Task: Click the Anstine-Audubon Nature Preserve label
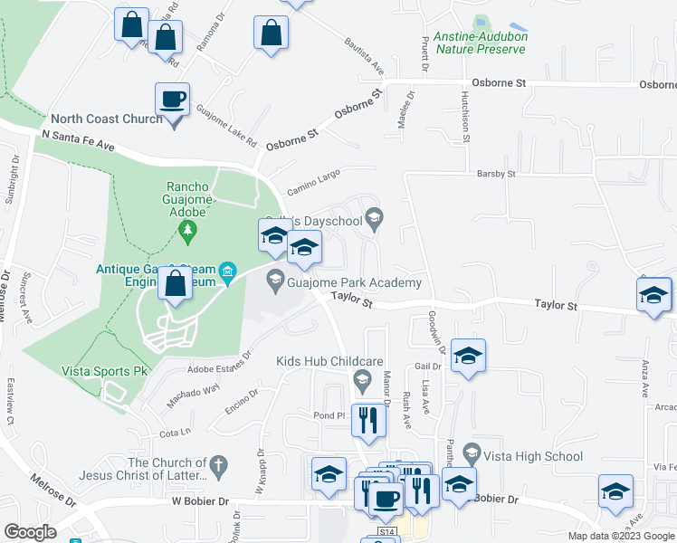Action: click(481, 43)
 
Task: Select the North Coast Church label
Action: click(107, 119)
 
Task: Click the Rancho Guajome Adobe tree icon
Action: click(188, 233)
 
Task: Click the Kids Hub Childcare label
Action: click(329, 361)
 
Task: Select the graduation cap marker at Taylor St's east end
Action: click(653, 295)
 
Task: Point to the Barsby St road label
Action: click(495, 173)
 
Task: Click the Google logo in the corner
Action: click(30, 532)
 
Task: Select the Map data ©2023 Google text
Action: click(620, 536)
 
